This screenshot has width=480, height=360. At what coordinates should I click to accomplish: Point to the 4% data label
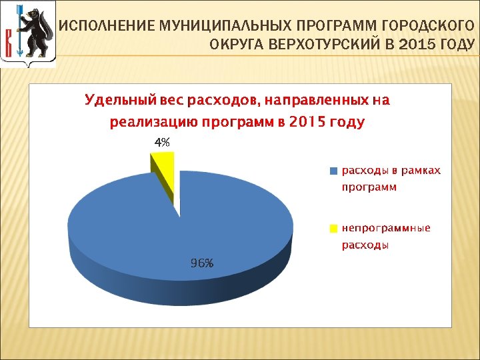(162, 142)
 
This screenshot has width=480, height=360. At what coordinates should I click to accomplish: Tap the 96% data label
(202, 263)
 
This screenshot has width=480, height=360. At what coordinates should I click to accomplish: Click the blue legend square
(333, 171)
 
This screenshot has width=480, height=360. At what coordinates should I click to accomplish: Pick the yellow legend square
(333, 229)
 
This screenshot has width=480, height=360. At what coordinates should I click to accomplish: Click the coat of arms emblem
(27, 33)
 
